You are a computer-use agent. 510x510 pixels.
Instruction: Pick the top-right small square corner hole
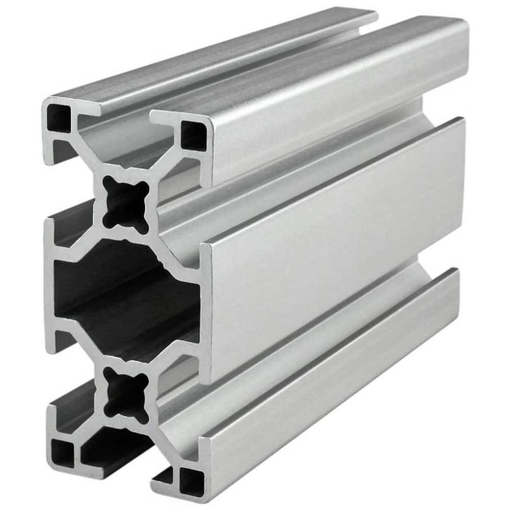194,135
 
